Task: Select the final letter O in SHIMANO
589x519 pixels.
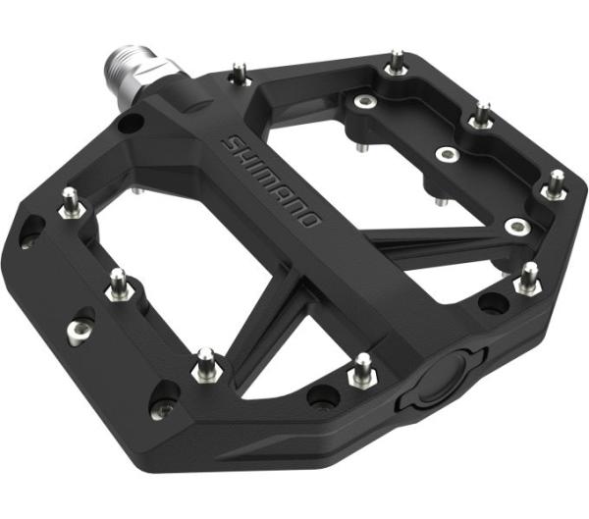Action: click(308, 218)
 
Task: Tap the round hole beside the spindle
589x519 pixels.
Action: click(129, 124)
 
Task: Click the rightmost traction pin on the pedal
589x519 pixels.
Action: click(556, 183)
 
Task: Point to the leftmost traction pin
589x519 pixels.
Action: click(71, 202)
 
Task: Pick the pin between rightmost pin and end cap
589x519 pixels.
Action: click(528, 279)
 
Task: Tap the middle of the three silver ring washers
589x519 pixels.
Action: click(448, 156)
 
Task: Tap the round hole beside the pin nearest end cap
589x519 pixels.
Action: click(320, 395)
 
